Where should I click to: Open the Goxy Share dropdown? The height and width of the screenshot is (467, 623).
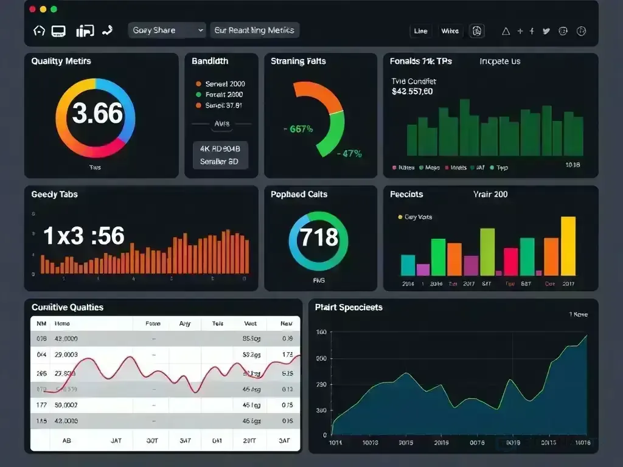coord(167,30)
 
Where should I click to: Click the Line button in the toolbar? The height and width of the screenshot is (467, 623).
coord(420,31)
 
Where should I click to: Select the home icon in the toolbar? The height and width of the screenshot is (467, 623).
coord(39,30)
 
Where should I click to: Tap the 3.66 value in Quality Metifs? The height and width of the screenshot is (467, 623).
coord(97,114)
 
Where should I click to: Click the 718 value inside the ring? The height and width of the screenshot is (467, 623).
coord(319,237)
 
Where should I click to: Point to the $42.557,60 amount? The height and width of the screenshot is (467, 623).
coord(412,92)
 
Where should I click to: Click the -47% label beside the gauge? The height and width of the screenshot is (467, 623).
coord(349,154)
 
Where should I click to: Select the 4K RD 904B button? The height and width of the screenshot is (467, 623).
coord(220,148)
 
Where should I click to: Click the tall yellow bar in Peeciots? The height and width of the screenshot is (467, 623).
coord(568,246)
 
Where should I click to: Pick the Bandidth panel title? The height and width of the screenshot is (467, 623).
coord(210,61)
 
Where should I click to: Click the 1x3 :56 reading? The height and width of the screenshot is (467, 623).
coord(84,236)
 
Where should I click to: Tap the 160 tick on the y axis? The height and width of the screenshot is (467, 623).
coord(321,332)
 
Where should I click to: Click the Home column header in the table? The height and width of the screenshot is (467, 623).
coord(62,324)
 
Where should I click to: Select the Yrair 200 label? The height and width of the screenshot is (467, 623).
coord(490,195)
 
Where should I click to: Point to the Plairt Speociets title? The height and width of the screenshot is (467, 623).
coord(349,308)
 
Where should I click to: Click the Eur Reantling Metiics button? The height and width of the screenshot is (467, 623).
coord(254,30)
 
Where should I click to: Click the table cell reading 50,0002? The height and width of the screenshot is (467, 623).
coord(66,404)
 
